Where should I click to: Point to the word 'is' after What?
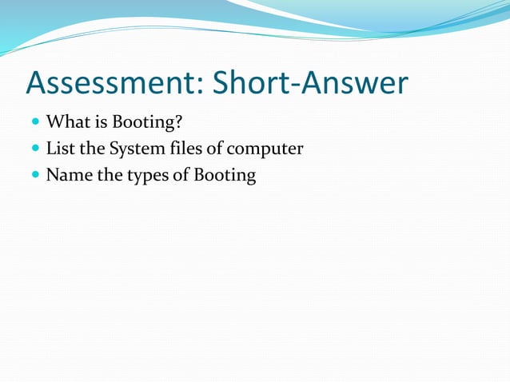pos(97,122)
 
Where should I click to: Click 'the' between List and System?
pos(91,149)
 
